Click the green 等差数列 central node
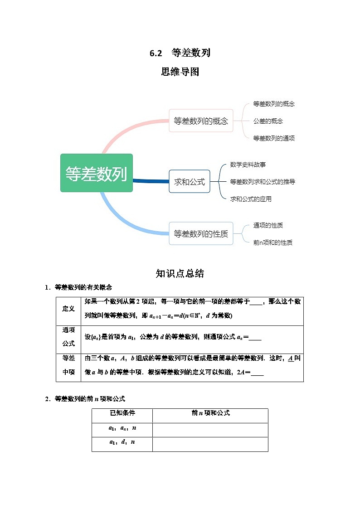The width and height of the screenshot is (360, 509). pos(96,173)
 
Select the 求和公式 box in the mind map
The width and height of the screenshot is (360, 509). pos(190,181)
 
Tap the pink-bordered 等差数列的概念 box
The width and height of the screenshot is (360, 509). pos(201,121)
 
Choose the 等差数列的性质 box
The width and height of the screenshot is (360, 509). pos(201,233)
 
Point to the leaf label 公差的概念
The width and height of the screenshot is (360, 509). pos(268,121)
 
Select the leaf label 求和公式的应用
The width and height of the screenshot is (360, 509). pos(251,199)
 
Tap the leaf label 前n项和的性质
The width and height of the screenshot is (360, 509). pos(272,242)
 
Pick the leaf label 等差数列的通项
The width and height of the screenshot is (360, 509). pos(274,138)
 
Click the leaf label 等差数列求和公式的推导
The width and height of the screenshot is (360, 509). pos(263,182)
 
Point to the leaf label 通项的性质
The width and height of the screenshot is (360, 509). pos(268,225)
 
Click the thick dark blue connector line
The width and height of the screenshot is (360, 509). pos(151,181)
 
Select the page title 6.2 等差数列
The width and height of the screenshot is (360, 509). pos(180,53)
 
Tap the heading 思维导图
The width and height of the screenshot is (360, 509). pos(180,72)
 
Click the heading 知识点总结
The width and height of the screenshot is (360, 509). pos(180,273)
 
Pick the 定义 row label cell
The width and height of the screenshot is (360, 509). pos(68,309)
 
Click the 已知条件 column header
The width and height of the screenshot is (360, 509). pos(122,413)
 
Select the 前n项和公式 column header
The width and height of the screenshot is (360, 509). pos(210,413)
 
